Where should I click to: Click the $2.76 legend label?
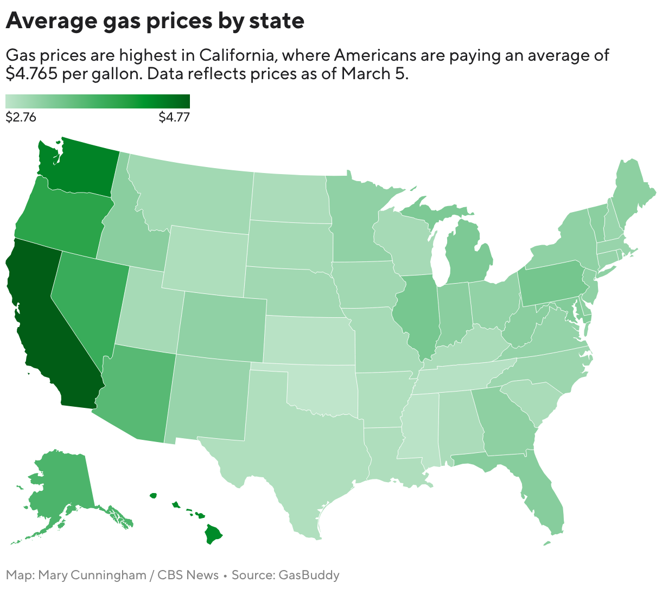pyautogui.click(x=21, y=117)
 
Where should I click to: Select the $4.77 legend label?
pyautogui.click(x=174, y=117)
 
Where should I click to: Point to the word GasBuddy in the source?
pyautogui.click(x=309, y=575)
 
